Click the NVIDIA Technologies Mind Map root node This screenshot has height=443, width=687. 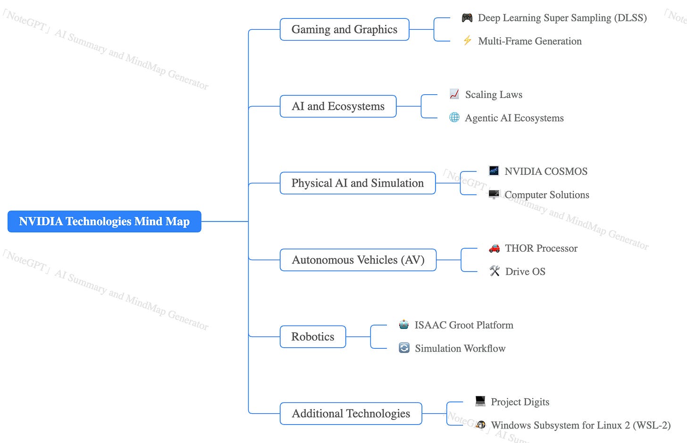(104, 221)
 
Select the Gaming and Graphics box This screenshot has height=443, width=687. (344, 30)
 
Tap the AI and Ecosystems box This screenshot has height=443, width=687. (338, 107)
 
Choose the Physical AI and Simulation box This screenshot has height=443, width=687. (357, 183)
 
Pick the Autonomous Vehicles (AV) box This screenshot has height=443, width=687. (358, 260)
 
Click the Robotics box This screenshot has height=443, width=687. (312, 337)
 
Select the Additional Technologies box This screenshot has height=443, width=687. (351, 414)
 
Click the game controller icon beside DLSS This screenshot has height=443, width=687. (467, 18)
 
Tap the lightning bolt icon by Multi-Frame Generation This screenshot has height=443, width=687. (467, 41)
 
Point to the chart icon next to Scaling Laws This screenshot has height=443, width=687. (454, 94)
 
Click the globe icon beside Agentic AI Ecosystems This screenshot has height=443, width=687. (454, 117)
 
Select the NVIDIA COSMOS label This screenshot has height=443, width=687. (546, 172)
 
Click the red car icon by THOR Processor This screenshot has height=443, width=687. (494, 248)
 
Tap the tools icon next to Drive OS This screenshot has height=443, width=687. (494, 271)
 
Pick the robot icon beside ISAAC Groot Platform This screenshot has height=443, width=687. (404, 325)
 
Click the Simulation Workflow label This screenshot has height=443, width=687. (460, 349)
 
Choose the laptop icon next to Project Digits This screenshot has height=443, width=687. (480, 401)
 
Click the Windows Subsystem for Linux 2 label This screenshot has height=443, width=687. (580, 426)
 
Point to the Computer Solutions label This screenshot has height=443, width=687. (547, 195)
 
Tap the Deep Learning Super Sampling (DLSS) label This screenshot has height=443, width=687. (562, 18)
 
